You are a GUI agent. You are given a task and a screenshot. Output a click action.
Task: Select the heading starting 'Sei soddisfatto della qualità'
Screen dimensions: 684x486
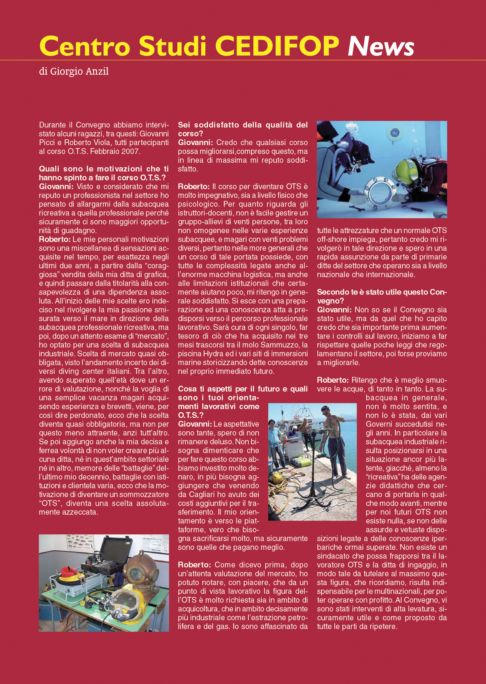click(243, 129)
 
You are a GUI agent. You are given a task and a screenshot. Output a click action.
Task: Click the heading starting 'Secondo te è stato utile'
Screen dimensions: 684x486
click(382, 296)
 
